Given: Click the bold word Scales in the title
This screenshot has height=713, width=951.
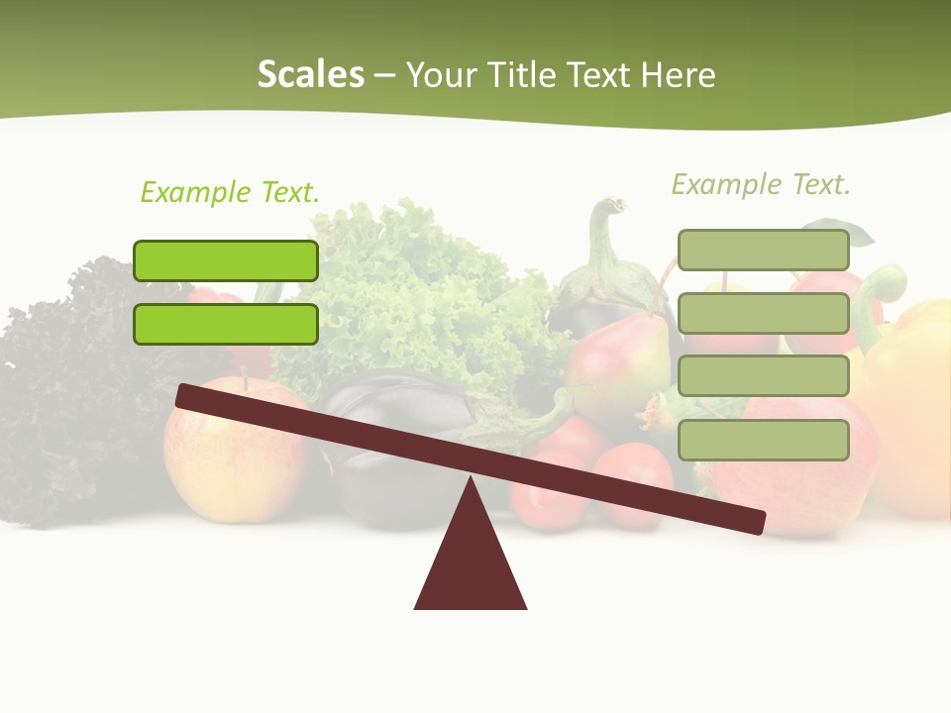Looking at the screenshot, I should click(310, 74).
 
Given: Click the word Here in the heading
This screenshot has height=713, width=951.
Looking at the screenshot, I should click(679, 74).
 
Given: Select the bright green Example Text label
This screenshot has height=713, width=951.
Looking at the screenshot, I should click(230, 192).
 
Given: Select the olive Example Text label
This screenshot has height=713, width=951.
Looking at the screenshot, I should click(761, 184).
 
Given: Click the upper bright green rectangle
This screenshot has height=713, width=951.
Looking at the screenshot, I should click(226, 260).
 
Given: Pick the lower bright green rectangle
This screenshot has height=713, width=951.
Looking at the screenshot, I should click(226, 324).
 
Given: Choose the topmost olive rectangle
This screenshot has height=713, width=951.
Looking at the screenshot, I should click(763, 251).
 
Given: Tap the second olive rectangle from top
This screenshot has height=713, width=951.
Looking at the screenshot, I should click(763, 313).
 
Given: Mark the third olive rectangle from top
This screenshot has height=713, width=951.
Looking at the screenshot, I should click(763, 376).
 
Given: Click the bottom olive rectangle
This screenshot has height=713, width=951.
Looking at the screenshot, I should click(763, 440).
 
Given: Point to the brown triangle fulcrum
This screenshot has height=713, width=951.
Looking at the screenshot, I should click(471, 564).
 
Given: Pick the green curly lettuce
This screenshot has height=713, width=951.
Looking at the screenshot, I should click(416, 287).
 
